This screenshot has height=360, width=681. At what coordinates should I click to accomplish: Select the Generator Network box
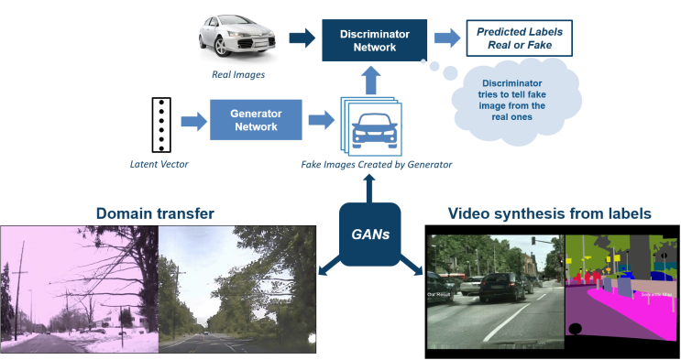(256, 120)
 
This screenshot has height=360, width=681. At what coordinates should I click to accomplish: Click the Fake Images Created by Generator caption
(377, 165)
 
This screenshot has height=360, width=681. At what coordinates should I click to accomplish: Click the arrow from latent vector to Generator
(193, 120)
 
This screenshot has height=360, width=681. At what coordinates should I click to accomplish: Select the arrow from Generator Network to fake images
(321, 120)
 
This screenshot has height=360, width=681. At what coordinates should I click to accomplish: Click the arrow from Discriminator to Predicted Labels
(447, 38)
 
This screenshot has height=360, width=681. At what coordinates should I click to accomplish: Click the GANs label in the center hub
(371, 235)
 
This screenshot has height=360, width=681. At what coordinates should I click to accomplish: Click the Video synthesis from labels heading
(549, 213)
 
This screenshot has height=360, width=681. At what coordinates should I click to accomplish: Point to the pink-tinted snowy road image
(80, 292)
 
